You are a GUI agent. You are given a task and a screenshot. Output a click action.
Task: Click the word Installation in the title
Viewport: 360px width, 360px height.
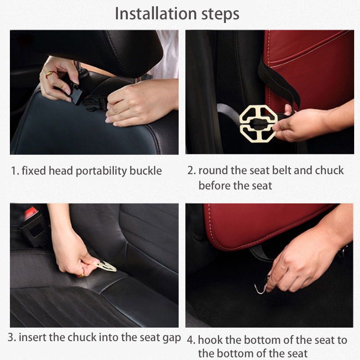[156, 14]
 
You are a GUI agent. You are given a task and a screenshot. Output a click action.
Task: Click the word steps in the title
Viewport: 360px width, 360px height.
[220, 15]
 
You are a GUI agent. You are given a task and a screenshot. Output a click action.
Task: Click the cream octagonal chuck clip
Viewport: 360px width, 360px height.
[257, 124]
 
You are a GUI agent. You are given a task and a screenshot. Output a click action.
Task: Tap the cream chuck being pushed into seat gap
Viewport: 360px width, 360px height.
[106, 266]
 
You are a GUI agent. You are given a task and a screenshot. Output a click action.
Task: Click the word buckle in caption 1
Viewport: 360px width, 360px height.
[145, 171]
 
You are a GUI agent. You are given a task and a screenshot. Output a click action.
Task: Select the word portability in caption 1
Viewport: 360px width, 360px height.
[101, 171]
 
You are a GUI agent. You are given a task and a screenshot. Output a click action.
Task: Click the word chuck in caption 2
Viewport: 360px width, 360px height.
[329, 171]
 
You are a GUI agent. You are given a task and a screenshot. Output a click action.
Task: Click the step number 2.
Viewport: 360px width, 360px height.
[191, 171]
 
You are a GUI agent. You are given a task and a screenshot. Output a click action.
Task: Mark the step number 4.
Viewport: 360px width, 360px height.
[191, 340]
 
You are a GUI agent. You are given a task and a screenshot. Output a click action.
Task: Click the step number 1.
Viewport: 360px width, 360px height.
[15, 171]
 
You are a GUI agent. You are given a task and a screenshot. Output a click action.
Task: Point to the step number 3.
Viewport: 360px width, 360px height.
[12, 337]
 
